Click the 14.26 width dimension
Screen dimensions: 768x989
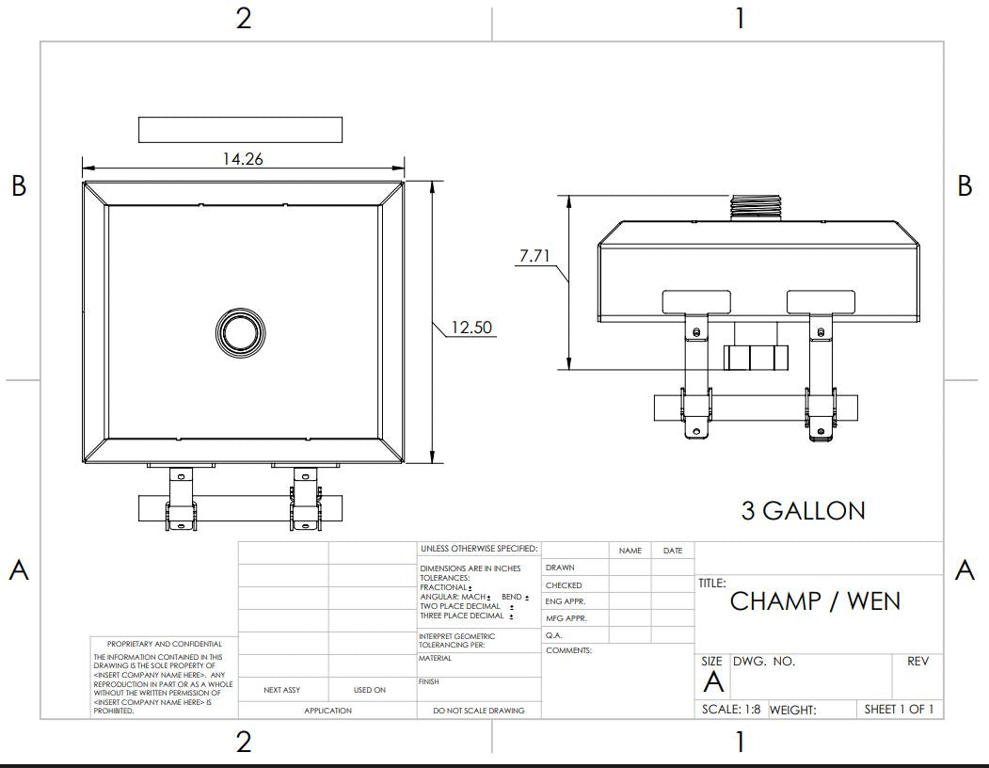(x=242, y=158)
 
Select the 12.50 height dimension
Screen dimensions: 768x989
(x=471, y=328)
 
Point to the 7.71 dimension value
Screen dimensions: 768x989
(x=534, y=256)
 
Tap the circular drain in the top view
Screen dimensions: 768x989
(x=242, y=331)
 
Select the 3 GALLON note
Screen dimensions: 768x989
(x=803, y=511)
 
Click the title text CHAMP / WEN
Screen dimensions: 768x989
(x=815, y=601)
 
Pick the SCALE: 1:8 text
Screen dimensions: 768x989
(x=731, y=710)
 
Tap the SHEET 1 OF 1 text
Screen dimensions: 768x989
(x=899, y=710)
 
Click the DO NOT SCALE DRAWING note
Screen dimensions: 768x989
(x=479, y=711)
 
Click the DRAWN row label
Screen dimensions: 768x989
(x=560, y=568)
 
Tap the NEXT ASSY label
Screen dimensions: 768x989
(x=282, y=690)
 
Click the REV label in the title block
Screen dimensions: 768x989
(x=917, y=662)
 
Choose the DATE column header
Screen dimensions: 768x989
(x=673, y=551)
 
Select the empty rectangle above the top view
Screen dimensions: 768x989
(x=240, y=130)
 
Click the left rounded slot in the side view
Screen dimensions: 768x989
(x=696, y=301)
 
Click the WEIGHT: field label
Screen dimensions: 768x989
(x=792, y=711)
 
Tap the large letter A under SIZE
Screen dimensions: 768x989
(x=713, y=683)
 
